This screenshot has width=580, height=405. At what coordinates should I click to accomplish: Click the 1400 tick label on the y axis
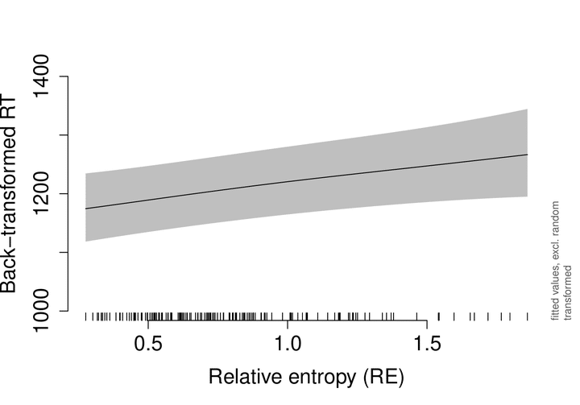point(41,76)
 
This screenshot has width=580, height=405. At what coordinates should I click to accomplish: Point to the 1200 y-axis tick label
point(41,193)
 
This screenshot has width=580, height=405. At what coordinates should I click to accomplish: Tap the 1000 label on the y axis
point(41,311)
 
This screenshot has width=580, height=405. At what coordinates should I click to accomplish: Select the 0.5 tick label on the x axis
point(148,344)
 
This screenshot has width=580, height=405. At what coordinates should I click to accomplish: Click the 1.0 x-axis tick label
point(288,344)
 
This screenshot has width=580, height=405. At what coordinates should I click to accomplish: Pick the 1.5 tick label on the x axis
point(427,344)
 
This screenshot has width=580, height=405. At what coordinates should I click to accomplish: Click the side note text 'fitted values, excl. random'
point(555,261)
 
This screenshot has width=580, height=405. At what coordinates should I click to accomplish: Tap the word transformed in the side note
point(568,292)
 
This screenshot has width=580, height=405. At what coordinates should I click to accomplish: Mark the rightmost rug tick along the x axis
point(528,316)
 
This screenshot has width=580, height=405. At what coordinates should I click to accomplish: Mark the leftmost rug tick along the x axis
point(86,316)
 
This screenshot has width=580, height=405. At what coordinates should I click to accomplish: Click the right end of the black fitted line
point(528,155)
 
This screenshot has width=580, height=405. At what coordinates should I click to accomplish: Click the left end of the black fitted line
point(86,209)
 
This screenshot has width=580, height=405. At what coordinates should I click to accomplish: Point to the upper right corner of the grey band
point(528,110)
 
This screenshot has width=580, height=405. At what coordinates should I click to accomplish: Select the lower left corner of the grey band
point(86,242)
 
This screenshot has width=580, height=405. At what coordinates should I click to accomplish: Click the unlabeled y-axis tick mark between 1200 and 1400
point(64,134)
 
